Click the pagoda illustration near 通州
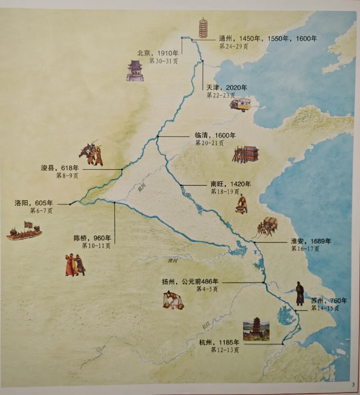pyautogui.click(x=203, y=28)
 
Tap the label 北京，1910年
pyautogui.click(x=158, y=53)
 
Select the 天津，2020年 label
pyautogui.click(x=227, y=88)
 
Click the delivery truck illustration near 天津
pyautogui.click(x=240, y=104)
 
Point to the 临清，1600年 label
pyautogui.click(x=215, y=135)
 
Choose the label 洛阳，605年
pyautogui.click(x=34, y=203)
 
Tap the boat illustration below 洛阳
pyautogui.click(x=24, y=231)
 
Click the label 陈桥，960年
pyautogui.click(x=92, y=238)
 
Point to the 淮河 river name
pyautogui.click(x=173, y=261)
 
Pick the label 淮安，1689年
pyautogui.click(x=311, y=241)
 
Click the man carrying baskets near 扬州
pyautogui.click(x=173, y=300)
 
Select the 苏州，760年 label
pyautogui.click(x=329, y=301)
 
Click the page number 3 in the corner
pyautogui.click(x=353, y=385)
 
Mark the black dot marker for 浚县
pyautogui.click(x=122, y=169)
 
